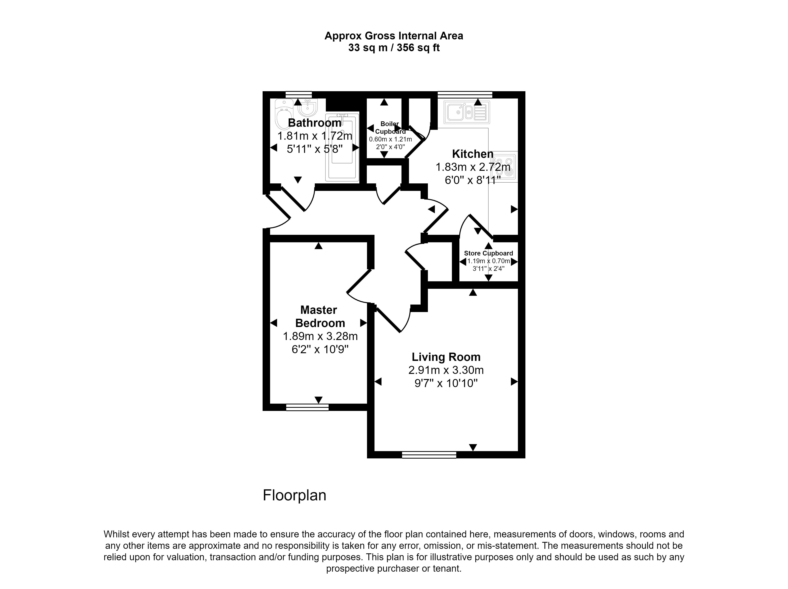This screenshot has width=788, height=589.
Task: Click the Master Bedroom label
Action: tap(320, 316)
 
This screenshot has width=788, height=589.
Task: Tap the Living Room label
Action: tap(446, 357)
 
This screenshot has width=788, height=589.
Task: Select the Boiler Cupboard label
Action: tap(390, 128)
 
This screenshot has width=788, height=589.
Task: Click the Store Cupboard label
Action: tap(488, 253)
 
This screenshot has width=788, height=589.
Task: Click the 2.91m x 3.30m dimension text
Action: tap(446, 370)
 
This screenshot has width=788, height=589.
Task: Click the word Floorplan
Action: tap(294, 495)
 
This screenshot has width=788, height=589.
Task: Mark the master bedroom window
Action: tap(307, 407)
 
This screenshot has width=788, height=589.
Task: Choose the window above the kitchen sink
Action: tap(465, 94)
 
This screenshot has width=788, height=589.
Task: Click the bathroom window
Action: tap(298, 94)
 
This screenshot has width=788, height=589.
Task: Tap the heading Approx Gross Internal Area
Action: tap(394, 36)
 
